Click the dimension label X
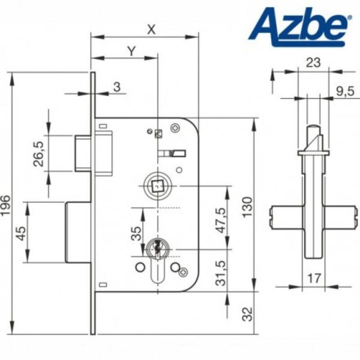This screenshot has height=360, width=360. pyautogui.click(x=151, y=30)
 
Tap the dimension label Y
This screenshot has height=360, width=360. pyautogui.click(x=131, y=51)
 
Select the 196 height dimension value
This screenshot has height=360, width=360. pyautogui.click(x=5, y=206)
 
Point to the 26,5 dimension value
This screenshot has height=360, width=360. pyautogui.click(x=39, y=153)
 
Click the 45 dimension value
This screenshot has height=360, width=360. pyautogui.click(x=22, y=233)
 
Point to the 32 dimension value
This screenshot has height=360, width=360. pyautogui.click(x=247, y=314)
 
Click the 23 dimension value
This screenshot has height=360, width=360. pyautogui.click(x=313, y=63)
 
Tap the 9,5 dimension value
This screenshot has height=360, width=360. pyautogui.click(x=345, y=92)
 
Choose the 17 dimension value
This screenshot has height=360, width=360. pyautogui.click(x=314, y=279)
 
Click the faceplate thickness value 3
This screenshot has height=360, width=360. pyautogui.click(x=117, y=87)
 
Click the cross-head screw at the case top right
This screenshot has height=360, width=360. pyautogui.click(x=175, y=128)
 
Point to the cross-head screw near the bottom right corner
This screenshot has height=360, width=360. pyautogui.click(x=184, y=272)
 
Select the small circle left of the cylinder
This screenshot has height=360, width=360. pyautogui.click(x=140, y=267)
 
